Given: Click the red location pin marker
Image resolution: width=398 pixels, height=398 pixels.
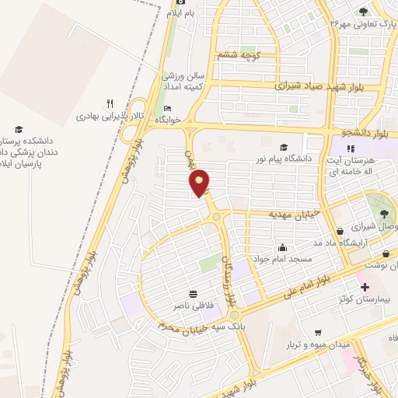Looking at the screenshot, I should [x=200, y=183].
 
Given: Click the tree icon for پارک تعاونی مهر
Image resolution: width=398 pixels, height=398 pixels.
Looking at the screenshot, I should [x=363, y=10].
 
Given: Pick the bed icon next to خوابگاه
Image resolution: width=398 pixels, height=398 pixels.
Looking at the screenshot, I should [x=167, y=108].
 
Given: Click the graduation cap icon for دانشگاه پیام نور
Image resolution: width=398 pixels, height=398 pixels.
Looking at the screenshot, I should [x=284, y=147].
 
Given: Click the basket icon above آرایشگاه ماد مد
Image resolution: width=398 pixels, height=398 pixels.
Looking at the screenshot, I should [x=341, y=232].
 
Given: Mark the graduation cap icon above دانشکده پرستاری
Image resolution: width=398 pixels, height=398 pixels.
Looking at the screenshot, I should [x=19, y=130].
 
